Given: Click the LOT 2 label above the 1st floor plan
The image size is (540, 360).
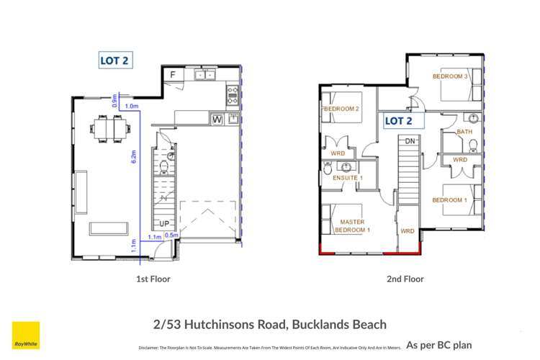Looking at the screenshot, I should click(115, 61).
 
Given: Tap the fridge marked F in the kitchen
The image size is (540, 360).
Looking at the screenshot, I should click(173, 75).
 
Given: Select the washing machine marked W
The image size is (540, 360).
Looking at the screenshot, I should click(217, 120).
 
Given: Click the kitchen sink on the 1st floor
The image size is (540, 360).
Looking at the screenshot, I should click(202, 75).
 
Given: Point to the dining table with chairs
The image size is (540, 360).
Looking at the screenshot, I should click(111, 130).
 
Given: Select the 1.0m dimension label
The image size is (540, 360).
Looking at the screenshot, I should click(132, 107).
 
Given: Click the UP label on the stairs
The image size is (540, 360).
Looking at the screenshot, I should click(164, 224).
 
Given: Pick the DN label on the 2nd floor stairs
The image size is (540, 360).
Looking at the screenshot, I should click(410, 140).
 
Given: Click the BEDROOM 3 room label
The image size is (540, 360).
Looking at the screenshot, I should click(450, 76).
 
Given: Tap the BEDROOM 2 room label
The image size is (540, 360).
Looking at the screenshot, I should click(341, 109).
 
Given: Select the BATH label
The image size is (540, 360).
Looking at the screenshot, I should click(465, 132).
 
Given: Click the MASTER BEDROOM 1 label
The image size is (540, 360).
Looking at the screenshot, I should click(352, 226).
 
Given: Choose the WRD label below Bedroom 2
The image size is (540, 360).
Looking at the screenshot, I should click(338, 153).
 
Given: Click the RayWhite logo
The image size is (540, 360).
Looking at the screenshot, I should click(26, 335).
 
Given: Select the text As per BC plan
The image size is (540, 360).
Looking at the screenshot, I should click(438, 345).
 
